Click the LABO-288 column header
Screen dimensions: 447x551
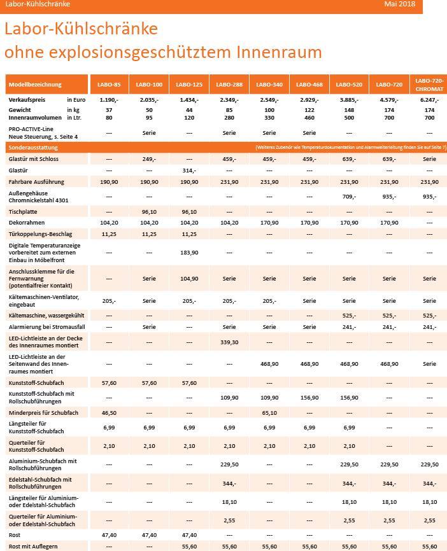(229, 85)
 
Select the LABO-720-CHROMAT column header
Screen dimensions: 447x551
(429, 85)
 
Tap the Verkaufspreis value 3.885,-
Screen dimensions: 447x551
(349, 100)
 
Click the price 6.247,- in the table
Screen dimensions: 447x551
(429, 100)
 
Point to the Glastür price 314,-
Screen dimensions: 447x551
(189, 171)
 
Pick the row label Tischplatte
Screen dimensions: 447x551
(23, 212)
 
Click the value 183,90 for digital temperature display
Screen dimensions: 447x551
(189, 253)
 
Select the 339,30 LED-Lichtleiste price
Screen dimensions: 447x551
(229, 342)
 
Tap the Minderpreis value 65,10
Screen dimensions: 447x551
(269, 413)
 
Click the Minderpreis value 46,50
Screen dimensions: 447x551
(109, 413)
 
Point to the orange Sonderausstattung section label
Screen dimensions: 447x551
(33, 148)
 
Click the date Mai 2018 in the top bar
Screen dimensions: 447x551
(399, 4)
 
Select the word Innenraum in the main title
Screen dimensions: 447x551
(279, 52)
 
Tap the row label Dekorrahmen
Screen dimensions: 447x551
(26, 223)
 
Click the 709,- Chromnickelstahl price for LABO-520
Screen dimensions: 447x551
(349, 197)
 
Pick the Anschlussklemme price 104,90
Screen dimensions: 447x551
(189, 279)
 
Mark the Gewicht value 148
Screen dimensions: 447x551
(349, 110)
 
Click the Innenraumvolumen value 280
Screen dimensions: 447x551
(229, 118)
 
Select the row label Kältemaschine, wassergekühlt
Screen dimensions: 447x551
(46, 316)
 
